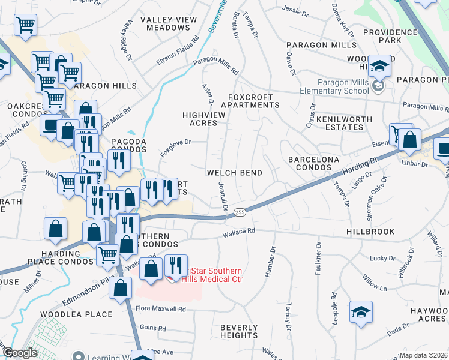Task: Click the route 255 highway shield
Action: click(x=240, y=212)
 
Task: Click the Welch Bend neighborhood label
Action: click(x=234, y=173)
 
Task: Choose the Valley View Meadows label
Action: click(x=169, y=24)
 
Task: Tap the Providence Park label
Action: click(x=390, y=36)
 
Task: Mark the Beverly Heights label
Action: click(x=238, y=331)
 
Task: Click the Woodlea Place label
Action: click(x=76, y=314)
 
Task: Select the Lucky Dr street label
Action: click(x=382, y=259)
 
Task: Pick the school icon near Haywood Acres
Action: click(x=361, y=312)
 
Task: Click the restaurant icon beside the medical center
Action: click(x=175, y=264)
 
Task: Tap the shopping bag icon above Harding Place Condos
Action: click(x=55, y=229)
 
